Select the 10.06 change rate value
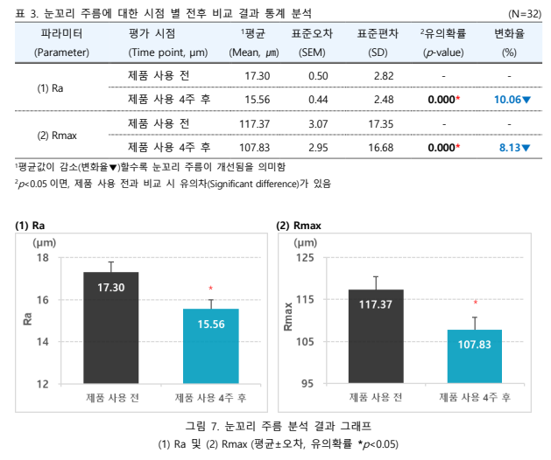(512, 100)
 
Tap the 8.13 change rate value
(513, 147)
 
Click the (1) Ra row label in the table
(49, 88)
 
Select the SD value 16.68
(380, 147)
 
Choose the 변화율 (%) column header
(509, 42)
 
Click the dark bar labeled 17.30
(111, 328)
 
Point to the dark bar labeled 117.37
(375, 336)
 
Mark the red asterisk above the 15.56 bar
(210, 288)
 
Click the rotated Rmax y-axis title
(287, 317)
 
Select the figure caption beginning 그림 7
(278, 426)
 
